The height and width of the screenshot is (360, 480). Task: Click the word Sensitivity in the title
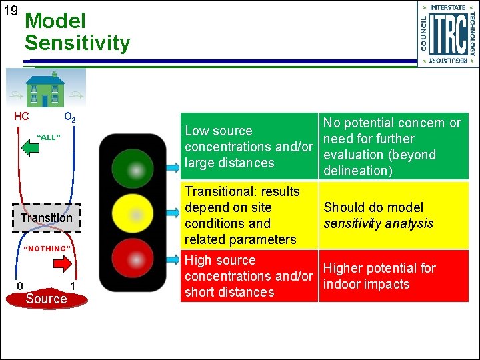pyautogui.click(x=77, y=44)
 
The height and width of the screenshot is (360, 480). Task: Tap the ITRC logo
pyautogui.click(x=447, y=34)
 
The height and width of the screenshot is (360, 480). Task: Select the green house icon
pyautogui.click(x=45, y=89)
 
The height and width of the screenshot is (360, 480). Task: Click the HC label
pyautogui.click(x=21, y=117)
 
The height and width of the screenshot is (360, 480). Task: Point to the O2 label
pyautogui.click(x=69, y=118)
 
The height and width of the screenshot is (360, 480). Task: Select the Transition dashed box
pyautogui.click(x=47, y=218)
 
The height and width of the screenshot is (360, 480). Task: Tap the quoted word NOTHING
pyautogui.click(x=47, y=249)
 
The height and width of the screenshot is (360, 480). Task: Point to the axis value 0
pyautogui.click(x=20, y=287)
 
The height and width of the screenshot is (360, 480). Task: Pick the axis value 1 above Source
pyautogui.click(x=73, y=287)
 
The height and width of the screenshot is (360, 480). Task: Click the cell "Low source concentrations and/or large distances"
pyautogui.click(x=249, y=147)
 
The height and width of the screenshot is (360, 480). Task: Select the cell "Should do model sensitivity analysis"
pyautogui.click(x=393, y=215)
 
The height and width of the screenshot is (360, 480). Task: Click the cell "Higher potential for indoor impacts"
pyautogui.click(x=393, y=276)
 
